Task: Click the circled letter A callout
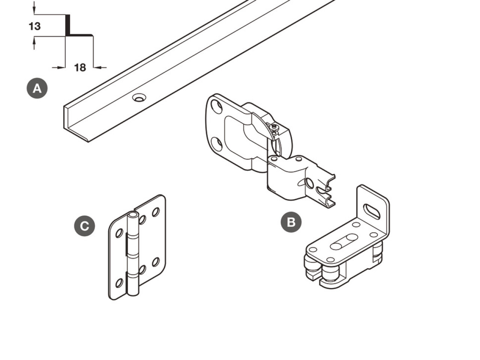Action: click(37, 88)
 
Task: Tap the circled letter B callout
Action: click(291, 222)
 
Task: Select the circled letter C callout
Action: click(84, 226)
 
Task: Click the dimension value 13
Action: click(35, 26)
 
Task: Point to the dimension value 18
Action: click(80, 67)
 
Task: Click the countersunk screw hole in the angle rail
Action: click(139, 98)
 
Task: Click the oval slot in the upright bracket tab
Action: click(372, 211)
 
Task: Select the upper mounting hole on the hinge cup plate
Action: click(217, 106)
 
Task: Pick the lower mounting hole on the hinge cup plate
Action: click(217, 144)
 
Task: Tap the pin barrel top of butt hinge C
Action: click(133, 214)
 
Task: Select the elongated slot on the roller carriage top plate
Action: click(344, 242)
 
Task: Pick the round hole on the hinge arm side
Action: click(309, 183)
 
